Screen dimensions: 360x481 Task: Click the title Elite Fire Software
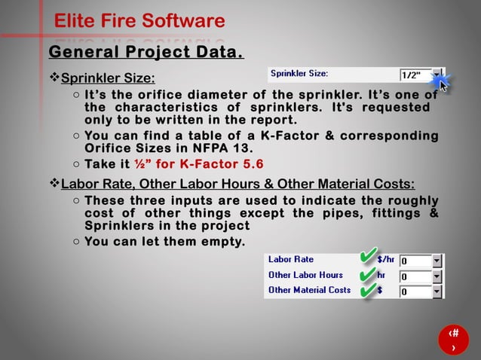[139, 21]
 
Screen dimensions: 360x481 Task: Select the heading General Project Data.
[146, 53]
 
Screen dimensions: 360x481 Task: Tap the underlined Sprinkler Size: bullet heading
[108, 78]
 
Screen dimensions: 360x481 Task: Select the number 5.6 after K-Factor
[249, 165]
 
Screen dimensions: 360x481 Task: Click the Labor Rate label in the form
[291, 260]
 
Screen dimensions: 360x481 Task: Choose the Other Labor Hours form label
[305, 275]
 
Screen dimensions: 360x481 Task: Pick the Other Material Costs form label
[309, 290]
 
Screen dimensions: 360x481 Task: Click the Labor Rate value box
[415, 261]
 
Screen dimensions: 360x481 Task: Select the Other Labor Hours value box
[415, 276]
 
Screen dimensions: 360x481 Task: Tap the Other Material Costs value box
[415, 291]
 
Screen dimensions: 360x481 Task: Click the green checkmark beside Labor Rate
[368, 258]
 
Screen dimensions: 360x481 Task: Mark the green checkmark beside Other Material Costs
[366, 289]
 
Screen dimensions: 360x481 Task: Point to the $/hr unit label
[385, 260]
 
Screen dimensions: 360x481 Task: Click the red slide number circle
[452, 340]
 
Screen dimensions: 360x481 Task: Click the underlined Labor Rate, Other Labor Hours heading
[237, 185]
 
